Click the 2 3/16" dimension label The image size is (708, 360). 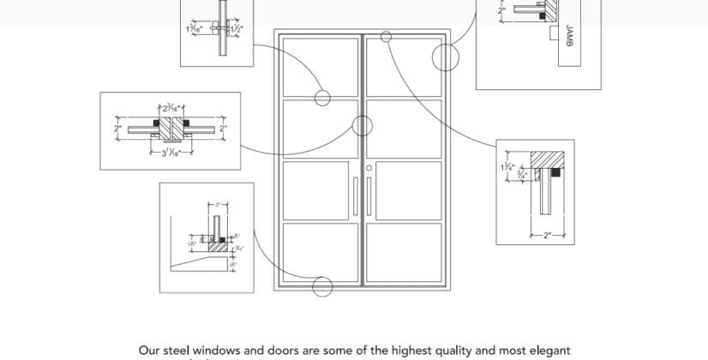click(x=171, y=109)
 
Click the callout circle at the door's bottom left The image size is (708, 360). click(x=322, y=287)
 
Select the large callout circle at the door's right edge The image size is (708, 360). click(x=446, y=57)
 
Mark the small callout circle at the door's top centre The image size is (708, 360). click(x=386, y=37)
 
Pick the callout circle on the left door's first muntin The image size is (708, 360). click(x=322, y=98)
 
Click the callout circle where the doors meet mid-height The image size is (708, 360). click(x=362, y=127)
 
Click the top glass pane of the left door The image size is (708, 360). click(x=321, y=68)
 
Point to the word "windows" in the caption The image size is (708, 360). click(x=222, y=351)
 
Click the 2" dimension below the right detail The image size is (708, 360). click(x=546, y=236)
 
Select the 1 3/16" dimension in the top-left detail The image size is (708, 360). click(x=195, y=29)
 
